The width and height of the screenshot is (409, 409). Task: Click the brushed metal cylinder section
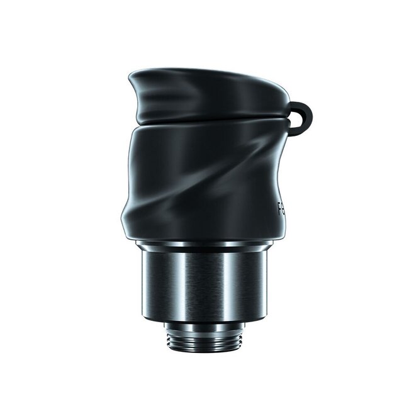(205, 283)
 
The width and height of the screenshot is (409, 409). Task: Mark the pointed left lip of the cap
(130, 79)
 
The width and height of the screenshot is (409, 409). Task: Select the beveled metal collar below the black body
(205, 249)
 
